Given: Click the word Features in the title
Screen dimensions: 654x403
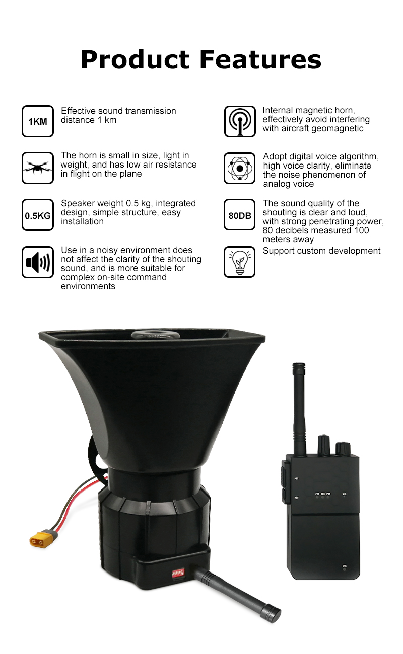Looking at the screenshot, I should click(x=261, y=59).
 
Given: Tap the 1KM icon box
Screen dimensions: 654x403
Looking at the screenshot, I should click(x=38, y=121).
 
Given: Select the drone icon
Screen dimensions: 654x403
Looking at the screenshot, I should click(x=38, y=168).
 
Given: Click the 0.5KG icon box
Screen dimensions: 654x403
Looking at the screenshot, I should click(x=38, y=215).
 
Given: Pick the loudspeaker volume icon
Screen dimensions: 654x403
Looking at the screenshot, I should click(x=38, y=262).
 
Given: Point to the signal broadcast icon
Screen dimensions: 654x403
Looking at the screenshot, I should click(x=240, y=121).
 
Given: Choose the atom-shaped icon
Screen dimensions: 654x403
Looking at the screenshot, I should click(x=240, y=168).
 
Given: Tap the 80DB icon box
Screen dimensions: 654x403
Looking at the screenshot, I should click(x=240, y=215).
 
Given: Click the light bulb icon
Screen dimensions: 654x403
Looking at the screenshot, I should click(x=240, y=262).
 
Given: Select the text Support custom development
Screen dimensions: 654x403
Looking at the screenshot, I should click(x=322, y=251).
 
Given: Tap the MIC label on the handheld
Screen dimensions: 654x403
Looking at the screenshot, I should click(x=344, y=494).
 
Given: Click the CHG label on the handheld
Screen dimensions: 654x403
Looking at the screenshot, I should click(x=345, y=566).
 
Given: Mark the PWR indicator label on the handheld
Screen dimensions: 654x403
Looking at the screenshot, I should click(x=328, y=494).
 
